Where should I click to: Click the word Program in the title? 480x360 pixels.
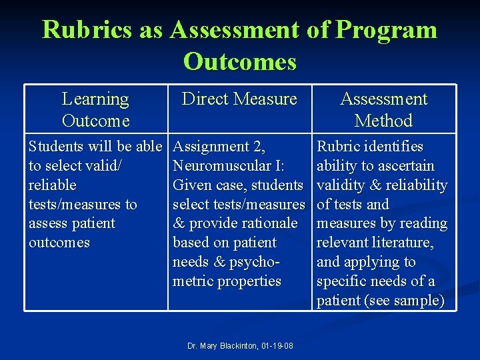click(387, 30)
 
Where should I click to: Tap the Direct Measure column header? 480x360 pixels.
click(239, 99)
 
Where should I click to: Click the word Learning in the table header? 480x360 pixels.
click(95, 99)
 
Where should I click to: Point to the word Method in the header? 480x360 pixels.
click(383, 121)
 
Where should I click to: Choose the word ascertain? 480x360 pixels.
click(405, 165)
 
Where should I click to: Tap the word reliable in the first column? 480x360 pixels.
click(53, 185)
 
